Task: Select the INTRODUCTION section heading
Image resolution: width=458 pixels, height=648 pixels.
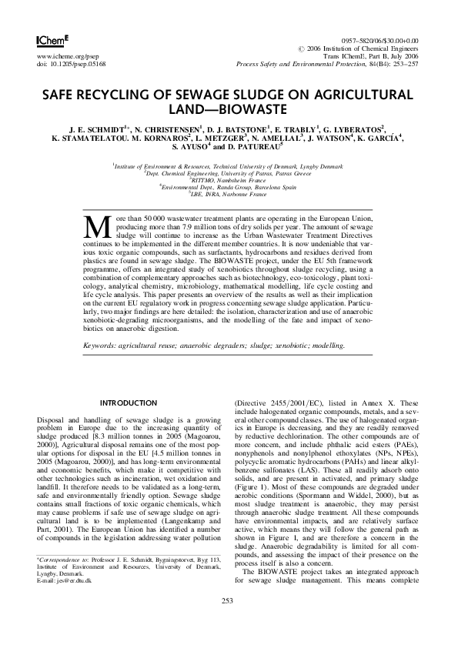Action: coord(129,402)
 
